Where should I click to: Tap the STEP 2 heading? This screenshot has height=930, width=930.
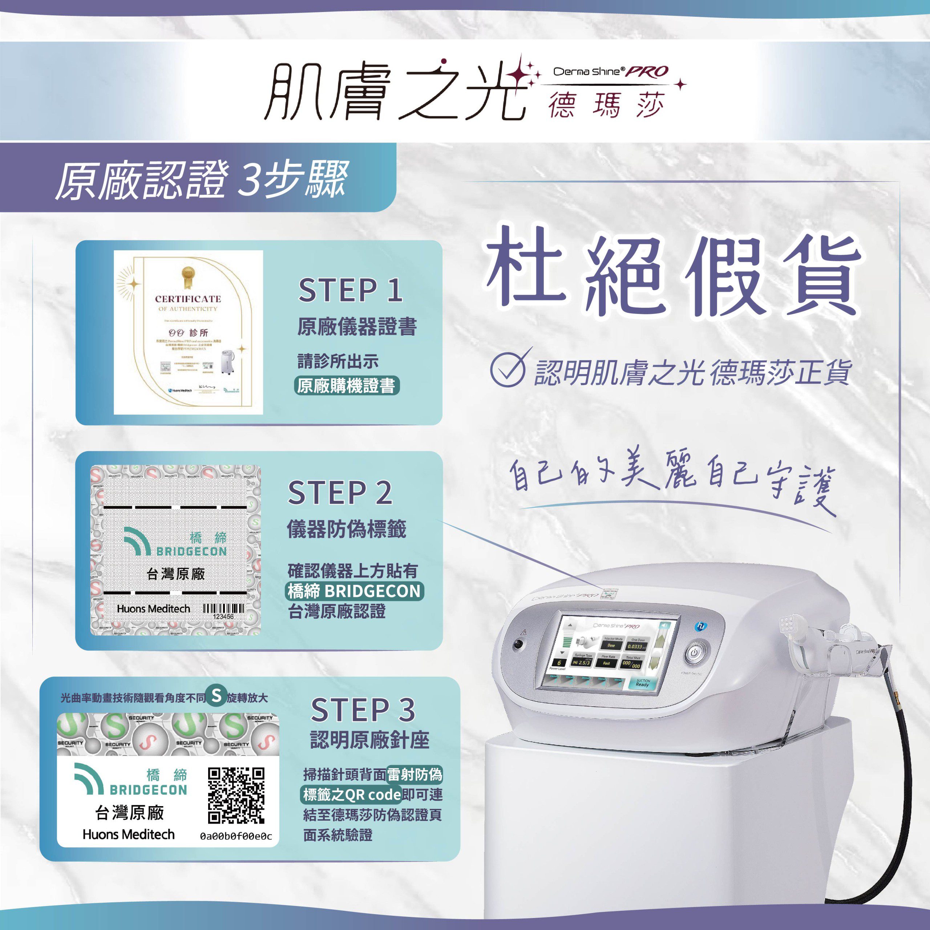coord(340,493)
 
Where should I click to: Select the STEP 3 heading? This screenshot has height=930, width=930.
coord(363,709)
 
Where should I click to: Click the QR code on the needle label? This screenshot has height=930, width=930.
coord(236,796)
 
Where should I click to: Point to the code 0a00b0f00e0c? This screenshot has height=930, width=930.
coord(236,837)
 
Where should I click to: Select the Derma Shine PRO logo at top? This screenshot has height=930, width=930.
coord(611,72)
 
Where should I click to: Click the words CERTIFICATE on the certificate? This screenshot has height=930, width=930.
coord(188,299)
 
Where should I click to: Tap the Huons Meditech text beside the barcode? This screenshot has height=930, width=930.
coord(153,609)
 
